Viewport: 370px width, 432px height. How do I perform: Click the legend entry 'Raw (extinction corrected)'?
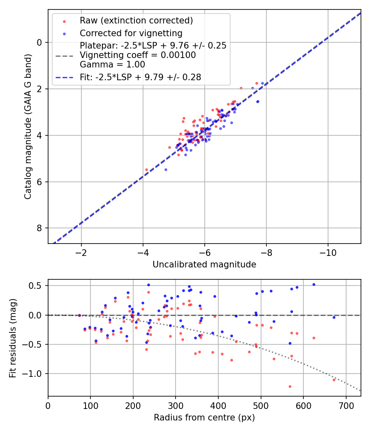pyautogui.click(x=136, y=21)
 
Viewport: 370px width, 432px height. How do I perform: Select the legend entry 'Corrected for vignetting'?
pyautogui.click(x=131, y=33)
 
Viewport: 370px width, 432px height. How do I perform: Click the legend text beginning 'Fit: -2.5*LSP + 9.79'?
pyautogui.click(x=140, y=77)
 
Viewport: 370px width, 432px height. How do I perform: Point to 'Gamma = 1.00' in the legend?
pyautogui.click(x=112, y=64)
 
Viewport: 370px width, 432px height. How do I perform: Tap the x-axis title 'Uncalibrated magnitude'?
pyautogui.click(x=204, y=265)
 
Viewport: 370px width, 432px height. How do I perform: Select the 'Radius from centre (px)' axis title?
pyautogui.click(x=204, y=418)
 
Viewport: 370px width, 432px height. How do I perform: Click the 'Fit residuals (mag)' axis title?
pyautogui.click(x=13, y=337)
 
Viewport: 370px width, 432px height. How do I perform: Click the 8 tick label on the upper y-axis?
pyautogui.click(x=40, y=228)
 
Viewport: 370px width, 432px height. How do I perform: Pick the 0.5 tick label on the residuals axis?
pyautogui.click(x=38, y=286)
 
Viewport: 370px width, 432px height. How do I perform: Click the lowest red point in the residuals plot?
pyautogui.click(x=290, y=386)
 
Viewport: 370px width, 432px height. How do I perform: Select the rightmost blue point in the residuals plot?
pyautogui.click(x=334, y=317)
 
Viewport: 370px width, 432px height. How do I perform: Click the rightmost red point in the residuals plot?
pyautogui.click(x=334, y=379)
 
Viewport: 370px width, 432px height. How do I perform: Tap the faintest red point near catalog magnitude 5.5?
pyautogui.click(x=146, y=170)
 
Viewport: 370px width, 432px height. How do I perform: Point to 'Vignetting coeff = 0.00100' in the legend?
pyautogui.click(x=138, y=55)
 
